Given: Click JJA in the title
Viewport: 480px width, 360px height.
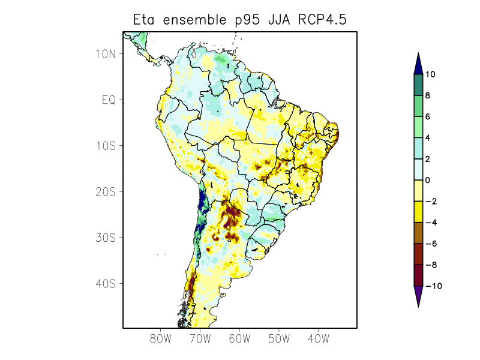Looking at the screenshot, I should click(280, 20).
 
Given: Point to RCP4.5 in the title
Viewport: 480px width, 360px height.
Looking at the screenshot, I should click(322, 20).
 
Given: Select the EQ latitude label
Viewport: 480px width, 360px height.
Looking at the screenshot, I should click(109, 100).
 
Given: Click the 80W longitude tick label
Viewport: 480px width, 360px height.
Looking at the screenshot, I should click(161, 339).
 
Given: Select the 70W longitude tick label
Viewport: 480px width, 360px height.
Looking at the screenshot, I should click(200, 339).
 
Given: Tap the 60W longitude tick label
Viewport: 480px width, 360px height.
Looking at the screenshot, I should click(239, 339).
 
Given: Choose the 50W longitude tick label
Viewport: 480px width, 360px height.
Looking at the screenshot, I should click(279, 339).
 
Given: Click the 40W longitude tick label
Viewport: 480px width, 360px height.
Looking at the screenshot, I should click(318, 339).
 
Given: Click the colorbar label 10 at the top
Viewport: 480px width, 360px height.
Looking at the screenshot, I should click(430, 74).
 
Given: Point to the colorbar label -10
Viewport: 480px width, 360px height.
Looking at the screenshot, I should click(433, 286).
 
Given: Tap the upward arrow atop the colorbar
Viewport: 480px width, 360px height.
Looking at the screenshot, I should click(418, 62).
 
